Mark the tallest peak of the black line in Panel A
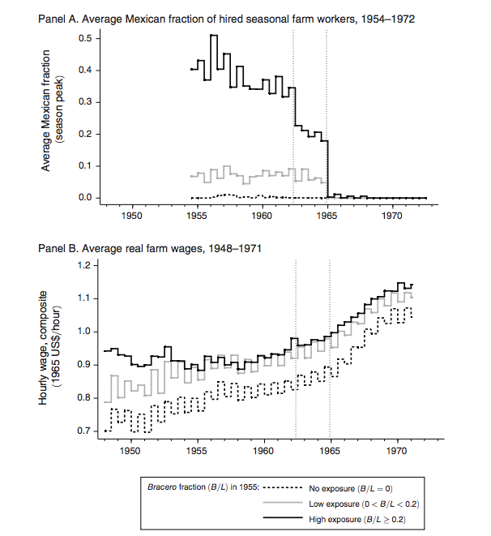pyautogui.click(x=213, y=36)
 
